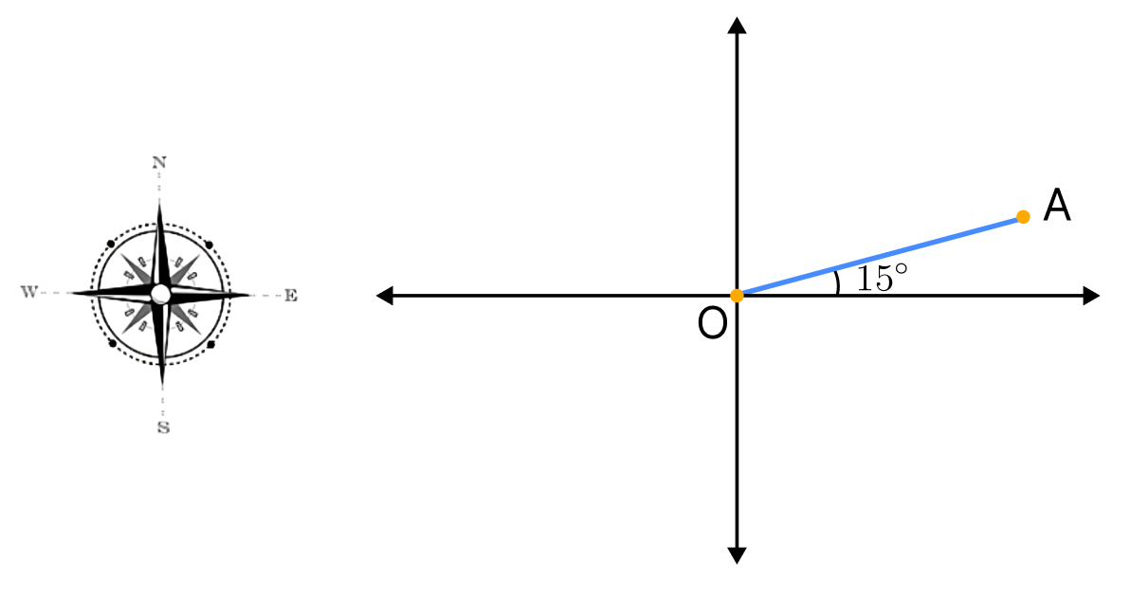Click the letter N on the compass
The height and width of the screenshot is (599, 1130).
pos(158,163)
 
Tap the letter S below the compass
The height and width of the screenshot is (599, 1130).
pos(164,427)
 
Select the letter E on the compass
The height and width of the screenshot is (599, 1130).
pos(290,296)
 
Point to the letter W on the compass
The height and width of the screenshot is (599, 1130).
pos(28,292)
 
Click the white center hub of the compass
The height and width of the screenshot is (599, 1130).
pos(161,294)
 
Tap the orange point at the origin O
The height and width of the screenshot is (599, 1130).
pos(737,296)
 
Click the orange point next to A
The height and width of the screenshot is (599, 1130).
pos(1023,217)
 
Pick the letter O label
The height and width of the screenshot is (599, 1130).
pos(712,324)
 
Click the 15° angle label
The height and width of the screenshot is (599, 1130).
pos(883,278)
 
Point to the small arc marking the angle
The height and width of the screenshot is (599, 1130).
pos(837,282)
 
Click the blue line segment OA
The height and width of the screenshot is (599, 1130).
pos(879,256)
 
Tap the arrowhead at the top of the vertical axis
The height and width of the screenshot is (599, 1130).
pos(737,26)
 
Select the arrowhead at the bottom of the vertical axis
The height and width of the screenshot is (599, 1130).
pos(737,555)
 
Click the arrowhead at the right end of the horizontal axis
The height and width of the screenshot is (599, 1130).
pos(1092,296)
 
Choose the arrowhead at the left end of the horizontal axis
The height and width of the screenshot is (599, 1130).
pos(385,296)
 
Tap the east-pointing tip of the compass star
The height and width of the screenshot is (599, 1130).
pos(249,295)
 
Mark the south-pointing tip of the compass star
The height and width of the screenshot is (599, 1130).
pos(162,386)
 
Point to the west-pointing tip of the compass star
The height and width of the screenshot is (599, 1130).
pos(70,293)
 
